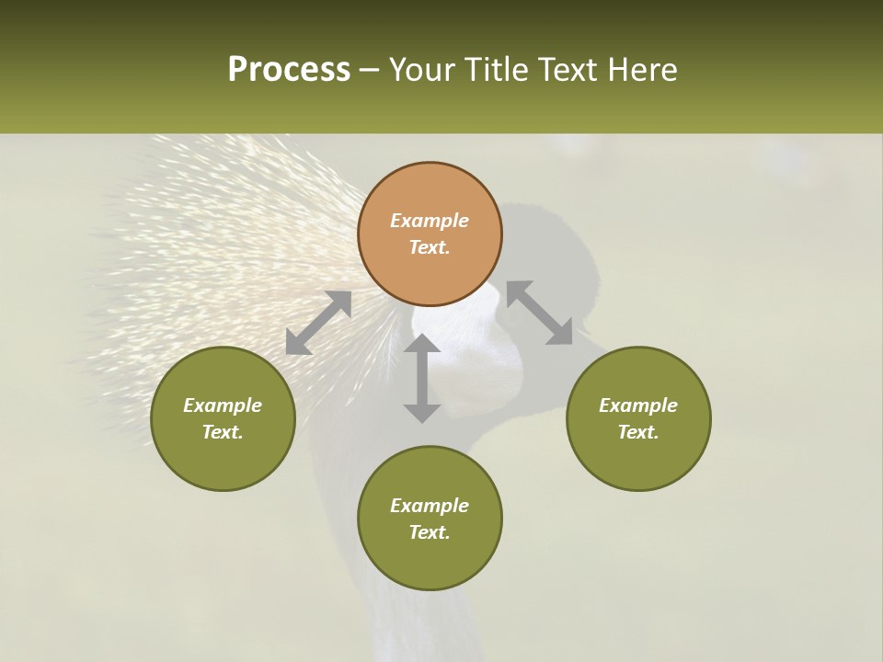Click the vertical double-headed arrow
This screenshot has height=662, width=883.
point(422,379)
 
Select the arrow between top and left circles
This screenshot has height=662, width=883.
point(318,323)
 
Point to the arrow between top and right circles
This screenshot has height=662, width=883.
point(540,313)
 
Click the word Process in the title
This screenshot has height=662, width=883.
point(289,70)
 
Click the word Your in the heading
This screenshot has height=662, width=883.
point(419,70)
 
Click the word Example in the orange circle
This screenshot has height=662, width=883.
point(430,221)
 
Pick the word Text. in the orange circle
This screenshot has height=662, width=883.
point(430,247)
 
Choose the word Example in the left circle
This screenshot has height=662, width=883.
point(223,405)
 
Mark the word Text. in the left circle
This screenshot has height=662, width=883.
point(223,432)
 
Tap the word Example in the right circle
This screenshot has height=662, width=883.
point(638,405)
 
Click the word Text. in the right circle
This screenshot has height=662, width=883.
point(638,432)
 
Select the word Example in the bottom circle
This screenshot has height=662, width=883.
point(430,506)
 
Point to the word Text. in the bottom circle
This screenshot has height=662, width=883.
point(430,532)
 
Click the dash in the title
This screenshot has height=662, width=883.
point(370,70)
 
